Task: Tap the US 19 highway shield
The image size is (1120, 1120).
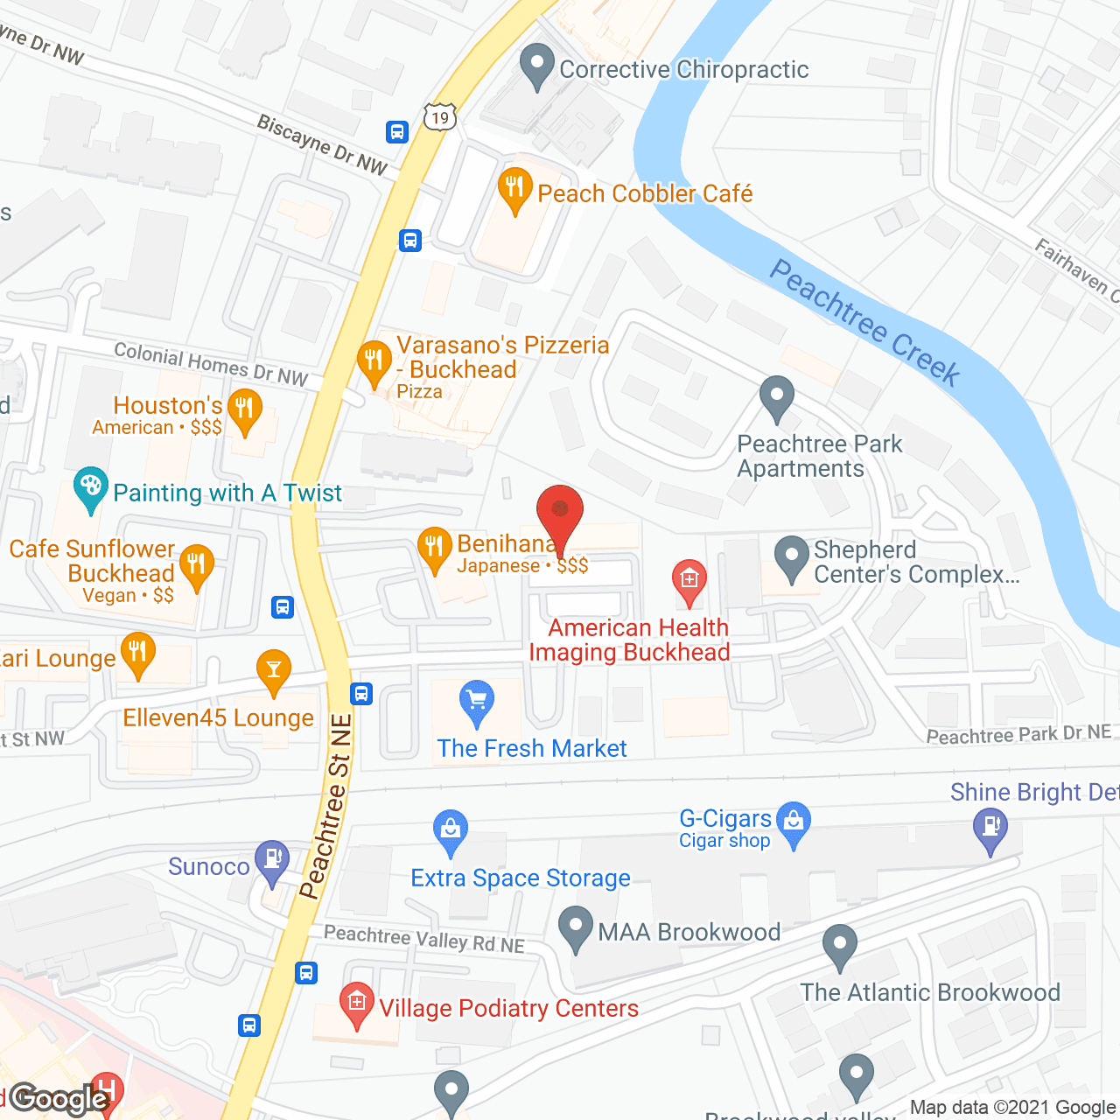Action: point(440,116)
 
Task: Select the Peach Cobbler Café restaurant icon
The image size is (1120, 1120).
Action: point(515,188)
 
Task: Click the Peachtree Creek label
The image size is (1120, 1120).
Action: point(864,323)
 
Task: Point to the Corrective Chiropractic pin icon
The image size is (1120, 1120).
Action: point(537,65)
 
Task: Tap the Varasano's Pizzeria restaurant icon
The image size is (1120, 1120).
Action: point(374,360)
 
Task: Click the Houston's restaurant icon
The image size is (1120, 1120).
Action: point(244,409)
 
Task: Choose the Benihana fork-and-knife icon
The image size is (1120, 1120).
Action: point(434,548)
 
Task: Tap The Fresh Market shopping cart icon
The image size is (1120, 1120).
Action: point(477,701)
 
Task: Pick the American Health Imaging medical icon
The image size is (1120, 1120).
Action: point(689,580)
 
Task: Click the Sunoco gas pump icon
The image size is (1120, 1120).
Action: point(272,860)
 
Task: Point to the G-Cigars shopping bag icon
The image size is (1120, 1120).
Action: point(794,822)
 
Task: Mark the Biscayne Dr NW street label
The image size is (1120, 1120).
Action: point(322,145)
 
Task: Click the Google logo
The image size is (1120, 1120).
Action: point(59,1099)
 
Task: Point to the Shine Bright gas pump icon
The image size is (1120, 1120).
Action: point(990,828)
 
